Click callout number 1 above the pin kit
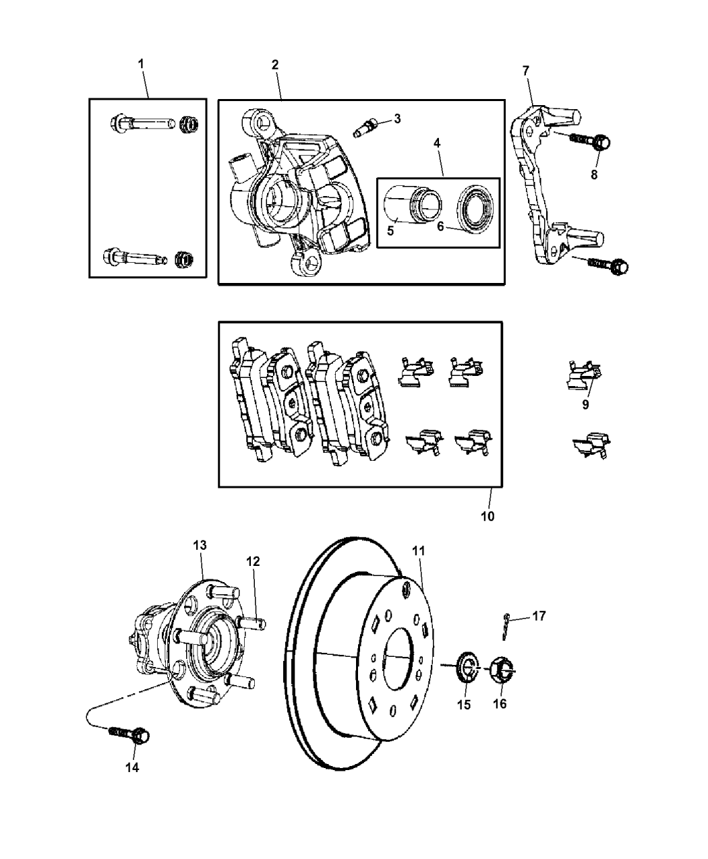pos(141,63)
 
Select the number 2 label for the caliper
pos(275,65)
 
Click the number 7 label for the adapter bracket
pos(526,69)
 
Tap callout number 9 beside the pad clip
pos(585,404)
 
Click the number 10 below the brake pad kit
pos(487,516)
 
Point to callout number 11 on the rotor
pos(419,550)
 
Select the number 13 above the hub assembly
pos(200,544)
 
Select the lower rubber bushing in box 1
pos(182,257)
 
